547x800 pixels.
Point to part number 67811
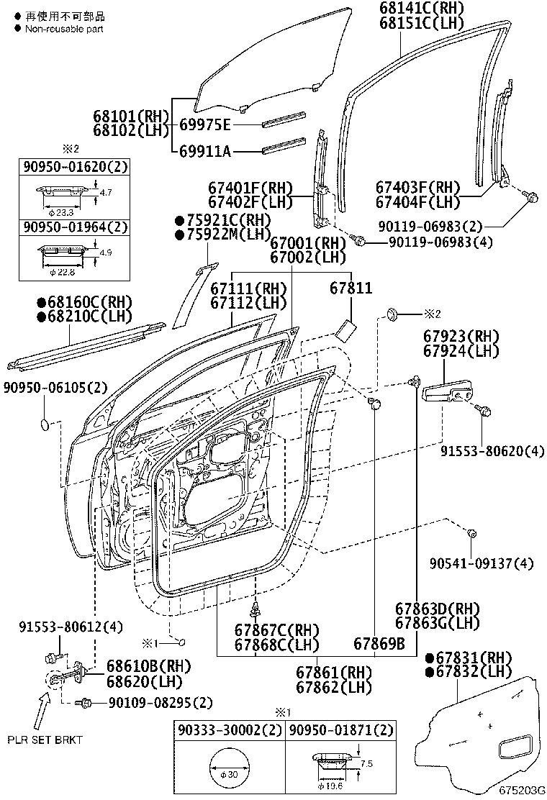coord(351,288)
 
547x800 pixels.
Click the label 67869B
coord(379,643)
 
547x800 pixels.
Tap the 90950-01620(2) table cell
coord(73,168)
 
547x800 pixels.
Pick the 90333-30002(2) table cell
coord(230,730)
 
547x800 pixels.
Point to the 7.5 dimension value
coord(367,764)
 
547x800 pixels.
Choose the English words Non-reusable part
coord(64,29)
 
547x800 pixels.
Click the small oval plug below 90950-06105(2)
coord(45,424)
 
